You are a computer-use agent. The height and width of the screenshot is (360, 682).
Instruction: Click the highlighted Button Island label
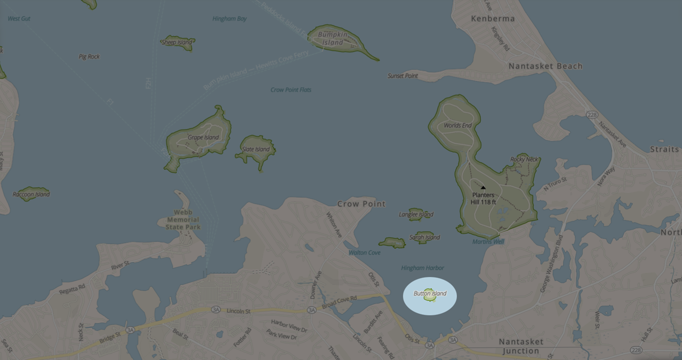click(x=430, y=293)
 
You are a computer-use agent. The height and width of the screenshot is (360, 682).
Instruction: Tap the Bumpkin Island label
click(x=333, y=38)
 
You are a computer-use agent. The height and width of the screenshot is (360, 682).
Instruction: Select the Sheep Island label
click(x=177, y=43)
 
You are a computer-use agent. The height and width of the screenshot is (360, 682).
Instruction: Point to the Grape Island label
click(x=203, y=137)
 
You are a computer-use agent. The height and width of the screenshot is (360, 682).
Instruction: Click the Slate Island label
click(x=256, y=149)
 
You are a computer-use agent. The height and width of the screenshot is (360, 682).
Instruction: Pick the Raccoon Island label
click(x=31, y=194)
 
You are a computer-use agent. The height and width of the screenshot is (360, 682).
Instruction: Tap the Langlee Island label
click(x=416, y=214)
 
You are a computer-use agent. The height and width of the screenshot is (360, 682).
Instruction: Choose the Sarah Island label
click(x=424, y=237)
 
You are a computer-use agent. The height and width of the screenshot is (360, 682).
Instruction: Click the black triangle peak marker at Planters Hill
click(x=483, y=187)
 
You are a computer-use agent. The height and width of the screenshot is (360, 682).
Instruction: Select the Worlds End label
click(x=457, y=125)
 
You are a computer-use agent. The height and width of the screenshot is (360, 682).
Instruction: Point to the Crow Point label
click(x=361, y=204)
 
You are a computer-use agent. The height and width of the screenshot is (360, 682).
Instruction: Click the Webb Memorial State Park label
click(x=183, y=220)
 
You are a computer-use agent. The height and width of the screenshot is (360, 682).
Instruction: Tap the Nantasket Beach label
click(x=546, y=66)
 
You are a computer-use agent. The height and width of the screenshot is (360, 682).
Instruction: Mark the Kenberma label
click(x=493, y=18)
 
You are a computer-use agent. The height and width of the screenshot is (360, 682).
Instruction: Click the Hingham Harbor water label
click(x=422, y=268)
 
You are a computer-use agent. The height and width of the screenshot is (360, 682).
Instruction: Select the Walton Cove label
click(x=365, y=252)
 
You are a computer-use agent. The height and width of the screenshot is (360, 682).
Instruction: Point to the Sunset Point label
click(x=403, y=76)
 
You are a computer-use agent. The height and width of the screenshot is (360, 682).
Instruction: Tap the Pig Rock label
click(x=89, y=57)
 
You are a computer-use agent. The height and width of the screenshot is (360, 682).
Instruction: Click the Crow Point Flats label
click(x=291, y=90)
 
